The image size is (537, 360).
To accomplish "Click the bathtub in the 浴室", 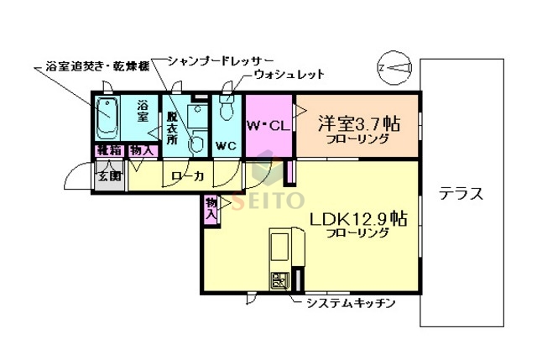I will tap(107, 120).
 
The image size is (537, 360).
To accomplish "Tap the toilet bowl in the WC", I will tap(225, 112).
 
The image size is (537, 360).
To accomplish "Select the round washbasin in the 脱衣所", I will tap(198, 143).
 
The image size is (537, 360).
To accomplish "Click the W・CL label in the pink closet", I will tap(267, 126).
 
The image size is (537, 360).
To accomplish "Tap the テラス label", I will tap(461, 194).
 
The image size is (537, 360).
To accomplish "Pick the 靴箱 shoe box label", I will tap(108, 151).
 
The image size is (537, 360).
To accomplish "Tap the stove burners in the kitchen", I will tap(278, 281).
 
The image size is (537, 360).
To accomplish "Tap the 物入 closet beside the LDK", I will tap(211, 209).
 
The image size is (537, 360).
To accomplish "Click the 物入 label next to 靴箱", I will tap(142, 151).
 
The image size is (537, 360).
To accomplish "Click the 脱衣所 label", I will tap(172, 127).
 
